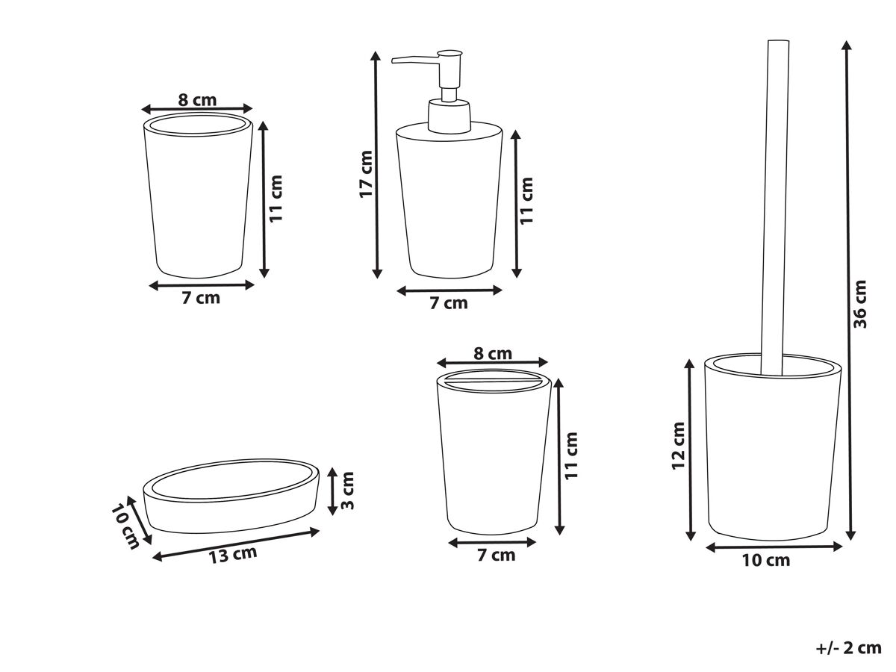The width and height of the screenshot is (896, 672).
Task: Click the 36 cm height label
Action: point(860,304)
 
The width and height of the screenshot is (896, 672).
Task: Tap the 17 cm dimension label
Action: point(366,174)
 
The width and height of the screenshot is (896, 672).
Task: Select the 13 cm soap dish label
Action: point(233,555)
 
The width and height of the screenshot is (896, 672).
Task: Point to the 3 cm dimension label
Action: point(347,491)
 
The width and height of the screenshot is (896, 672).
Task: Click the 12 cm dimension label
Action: point(679,446)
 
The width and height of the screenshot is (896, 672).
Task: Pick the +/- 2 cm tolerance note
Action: point(849,648)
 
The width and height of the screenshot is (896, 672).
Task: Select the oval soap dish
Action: point(231,497)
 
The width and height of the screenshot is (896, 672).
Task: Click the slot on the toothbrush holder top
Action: point(493,382)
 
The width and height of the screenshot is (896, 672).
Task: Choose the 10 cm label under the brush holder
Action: point(766,560)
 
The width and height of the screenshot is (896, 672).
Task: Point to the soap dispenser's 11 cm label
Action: point(527,201)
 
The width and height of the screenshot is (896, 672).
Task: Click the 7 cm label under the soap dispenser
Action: point(449,303)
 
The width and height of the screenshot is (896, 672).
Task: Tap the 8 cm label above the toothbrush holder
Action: point(493,353)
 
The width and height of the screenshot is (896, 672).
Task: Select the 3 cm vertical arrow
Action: point(333,491)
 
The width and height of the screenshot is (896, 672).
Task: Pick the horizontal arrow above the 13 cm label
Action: point(235,545)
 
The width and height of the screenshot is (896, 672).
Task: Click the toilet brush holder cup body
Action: point(773,447)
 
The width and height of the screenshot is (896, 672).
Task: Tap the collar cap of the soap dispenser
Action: point(449,116)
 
